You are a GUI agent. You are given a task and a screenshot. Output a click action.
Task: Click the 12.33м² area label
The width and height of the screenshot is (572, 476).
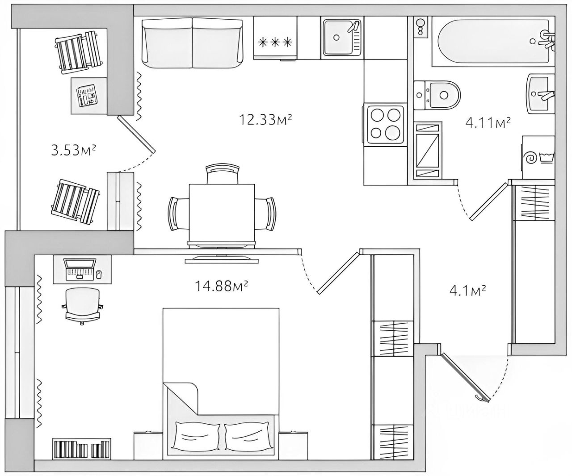click(x=265, y=120)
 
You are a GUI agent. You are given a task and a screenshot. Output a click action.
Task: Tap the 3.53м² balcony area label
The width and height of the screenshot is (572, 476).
click(x=74, y=150)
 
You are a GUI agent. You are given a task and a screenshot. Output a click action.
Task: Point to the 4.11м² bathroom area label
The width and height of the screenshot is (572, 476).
click(x=488, y=122)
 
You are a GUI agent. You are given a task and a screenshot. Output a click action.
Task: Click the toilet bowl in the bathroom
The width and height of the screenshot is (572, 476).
click(x=437, y=95)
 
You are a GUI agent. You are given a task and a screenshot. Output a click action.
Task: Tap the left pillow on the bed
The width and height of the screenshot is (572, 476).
click(x=197, y=435)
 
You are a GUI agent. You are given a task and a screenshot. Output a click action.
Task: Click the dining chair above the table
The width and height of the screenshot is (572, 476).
click(x=222, y=174)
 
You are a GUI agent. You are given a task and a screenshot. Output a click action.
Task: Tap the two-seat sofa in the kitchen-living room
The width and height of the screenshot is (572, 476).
click(x=193, y=43)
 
